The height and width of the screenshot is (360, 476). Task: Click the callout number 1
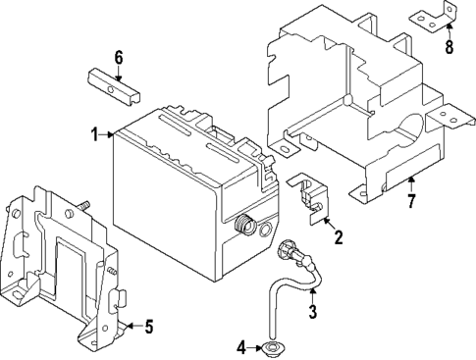pyautogui.click(x=95, y=134)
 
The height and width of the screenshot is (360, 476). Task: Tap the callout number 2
pyautogui.click(x=339, y=236)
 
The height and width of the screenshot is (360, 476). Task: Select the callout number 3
pyautogui.click(x=312, y=314)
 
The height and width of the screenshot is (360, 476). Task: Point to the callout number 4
pyautogui.click(x=239, y=347)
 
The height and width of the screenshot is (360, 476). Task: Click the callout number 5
pyautogui.click(x=148, y=327)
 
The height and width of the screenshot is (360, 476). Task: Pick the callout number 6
pyautogui.click(x=118, y=57)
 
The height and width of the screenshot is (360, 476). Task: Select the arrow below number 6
pyautogui.click(x=118, y=71)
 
